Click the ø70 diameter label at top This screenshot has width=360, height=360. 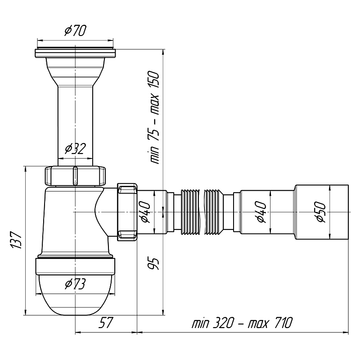[x=75, y=31]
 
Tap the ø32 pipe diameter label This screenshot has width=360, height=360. [x=75, y=148]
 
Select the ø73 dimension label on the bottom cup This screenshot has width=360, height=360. [x=75, y=284]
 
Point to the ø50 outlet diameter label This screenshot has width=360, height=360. [x=320, y=212]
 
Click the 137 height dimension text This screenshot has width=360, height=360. [x=16, y=240]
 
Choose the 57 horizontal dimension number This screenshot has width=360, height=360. [x=106, y=322]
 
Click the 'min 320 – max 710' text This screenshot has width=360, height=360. [x=242, y=322]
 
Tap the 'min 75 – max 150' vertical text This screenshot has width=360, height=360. [x=154, y=117]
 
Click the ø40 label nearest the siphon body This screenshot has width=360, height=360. [x=145, y=212]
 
